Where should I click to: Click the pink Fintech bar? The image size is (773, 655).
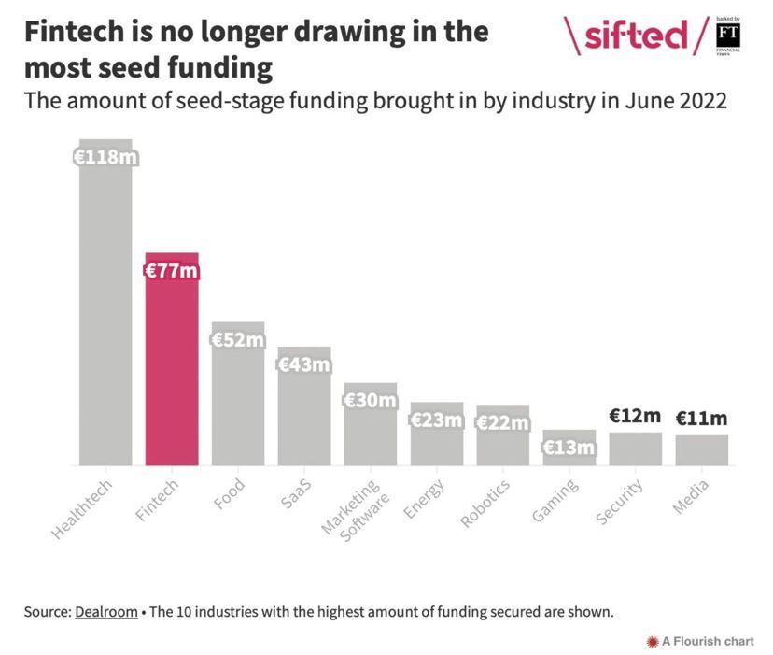tap(172, 374)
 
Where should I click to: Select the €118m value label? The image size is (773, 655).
tap(105, 156)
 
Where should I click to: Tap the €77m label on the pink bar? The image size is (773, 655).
tap(172, 272)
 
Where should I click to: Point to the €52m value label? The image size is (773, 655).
tap(238, 340)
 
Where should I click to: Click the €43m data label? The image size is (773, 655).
tap(304, 364)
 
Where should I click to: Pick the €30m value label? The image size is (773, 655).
tap(371, 401)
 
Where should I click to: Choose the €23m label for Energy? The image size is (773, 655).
tap(437, 420)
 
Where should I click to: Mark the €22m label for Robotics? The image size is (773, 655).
tap(503, 422)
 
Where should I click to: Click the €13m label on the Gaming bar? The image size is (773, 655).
tap(569, 448)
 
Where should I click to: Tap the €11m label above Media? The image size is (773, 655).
tap(701, 419)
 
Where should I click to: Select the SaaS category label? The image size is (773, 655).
tap(295, 491)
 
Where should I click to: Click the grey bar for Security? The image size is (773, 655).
tap(636, 449)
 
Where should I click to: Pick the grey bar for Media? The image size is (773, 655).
tap(701, 450)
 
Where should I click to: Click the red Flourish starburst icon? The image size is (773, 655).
tap(653, 641)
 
